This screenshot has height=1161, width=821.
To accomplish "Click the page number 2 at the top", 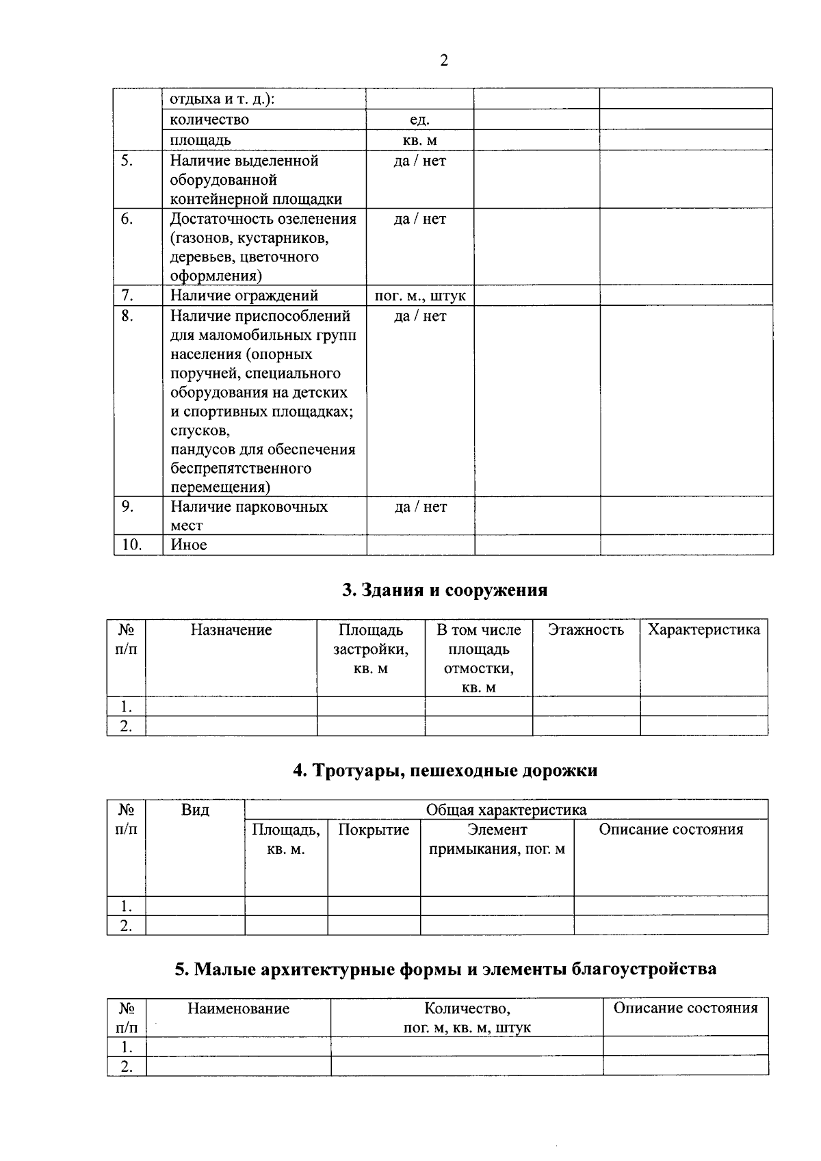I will click(444, 61).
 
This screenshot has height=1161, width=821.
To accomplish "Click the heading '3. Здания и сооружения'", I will click(445, 590).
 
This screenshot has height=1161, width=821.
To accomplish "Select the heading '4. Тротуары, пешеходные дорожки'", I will click(445, 770).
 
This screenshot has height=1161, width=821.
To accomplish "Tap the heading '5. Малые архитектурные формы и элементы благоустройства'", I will click(445, 969).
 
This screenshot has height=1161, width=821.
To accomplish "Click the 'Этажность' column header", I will click(586, 630).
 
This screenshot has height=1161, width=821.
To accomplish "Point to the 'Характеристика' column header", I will click(703, 630).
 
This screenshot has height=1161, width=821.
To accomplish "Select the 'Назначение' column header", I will click(231, 630).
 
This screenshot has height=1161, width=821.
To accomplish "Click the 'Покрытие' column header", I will click(374, 830).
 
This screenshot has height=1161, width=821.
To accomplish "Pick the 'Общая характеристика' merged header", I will click(506, 810).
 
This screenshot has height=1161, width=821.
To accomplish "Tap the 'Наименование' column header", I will click(238, 1008).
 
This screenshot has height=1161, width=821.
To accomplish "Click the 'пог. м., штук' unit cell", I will click(420, 296).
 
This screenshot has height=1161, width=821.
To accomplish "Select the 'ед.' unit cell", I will click(419, 120).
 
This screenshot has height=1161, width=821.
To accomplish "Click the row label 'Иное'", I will click(189, 545).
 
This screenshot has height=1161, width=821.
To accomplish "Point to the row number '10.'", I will click(131, 545).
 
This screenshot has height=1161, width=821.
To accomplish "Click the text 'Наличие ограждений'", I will click(244, 296).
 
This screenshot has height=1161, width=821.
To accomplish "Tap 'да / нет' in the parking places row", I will click(420, 507).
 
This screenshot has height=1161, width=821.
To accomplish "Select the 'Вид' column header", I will click(195, 810).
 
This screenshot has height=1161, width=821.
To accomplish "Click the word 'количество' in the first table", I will click(209, 120).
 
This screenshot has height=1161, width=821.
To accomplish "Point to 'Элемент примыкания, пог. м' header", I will click(497, 839).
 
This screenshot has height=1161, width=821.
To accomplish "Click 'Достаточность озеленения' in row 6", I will click(263, 219).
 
